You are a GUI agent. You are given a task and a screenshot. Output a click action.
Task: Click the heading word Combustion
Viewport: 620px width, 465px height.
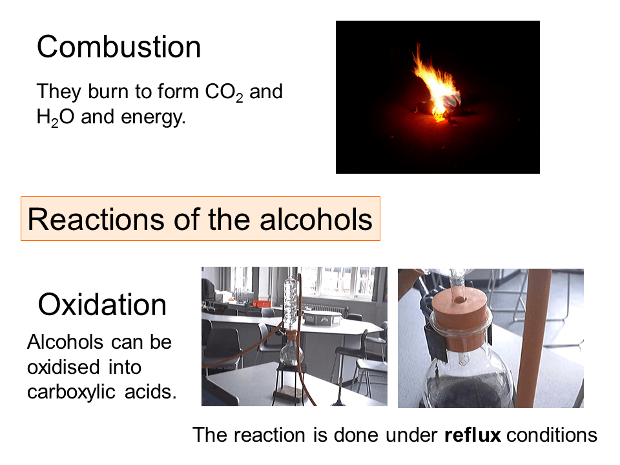(x=119, y=46)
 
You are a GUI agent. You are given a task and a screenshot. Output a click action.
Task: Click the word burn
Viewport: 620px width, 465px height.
(x=109, y=91)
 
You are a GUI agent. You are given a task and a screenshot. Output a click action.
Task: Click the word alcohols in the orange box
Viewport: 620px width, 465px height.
(x=316, y=219)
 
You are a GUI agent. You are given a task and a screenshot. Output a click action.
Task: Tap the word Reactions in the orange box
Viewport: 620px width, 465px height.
(x=96, y=219)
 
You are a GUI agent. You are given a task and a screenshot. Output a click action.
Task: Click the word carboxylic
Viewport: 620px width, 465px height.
(x=71, y=393)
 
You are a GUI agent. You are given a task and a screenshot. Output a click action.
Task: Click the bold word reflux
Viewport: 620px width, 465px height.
(x=473, y=435)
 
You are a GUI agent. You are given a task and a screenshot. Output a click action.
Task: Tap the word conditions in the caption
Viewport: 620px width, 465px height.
(x=552, y=435)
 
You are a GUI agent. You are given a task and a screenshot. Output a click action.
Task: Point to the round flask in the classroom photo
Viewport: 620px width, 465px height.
(x=291, y=353)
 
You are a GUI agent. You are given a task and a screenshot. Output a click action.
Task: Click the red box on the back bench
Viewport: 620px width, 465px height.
(x=262, y=304)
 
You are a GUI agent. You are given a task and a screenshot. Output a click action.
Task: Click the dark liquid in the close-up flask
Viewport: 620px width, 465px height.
(x=471, y=389)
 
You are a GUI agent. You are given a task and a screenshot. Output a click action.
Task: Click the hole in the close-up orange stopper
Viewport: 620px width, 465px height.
(x=459, y=299)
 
